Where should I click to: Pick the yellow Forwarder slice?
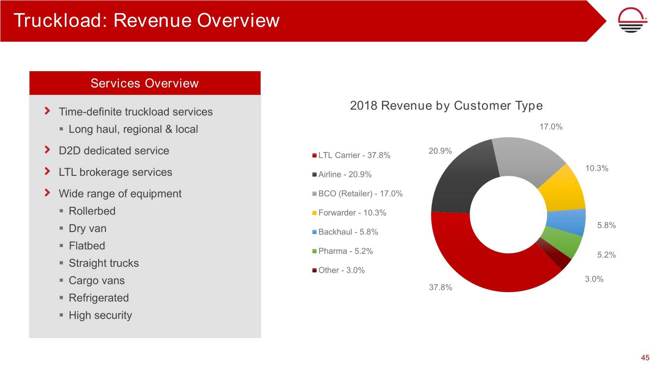click(x=563, y=191)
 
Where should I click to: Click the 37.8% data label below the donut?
click(x=440, y=288)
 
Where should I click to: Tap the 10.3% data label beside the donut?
click(x=597, y=169)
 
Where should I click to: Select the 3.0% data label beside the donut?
click(x=594, y=279)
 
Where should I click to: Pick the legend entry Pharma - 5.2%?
click(x=345, y=251)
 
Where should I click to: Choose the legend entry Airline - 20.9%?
click(x=344, y=174)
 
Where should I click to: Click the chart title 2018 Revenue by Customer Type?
click(x=446, y=106)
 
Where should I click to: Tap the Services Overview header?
click(x=145, y=83)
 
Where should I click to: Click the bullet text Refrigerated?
click(x=99, y=298)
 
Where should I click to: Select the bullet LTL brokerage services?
click(x=115, y=172)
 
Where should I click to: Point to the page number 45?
click(x=645, y=358)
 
